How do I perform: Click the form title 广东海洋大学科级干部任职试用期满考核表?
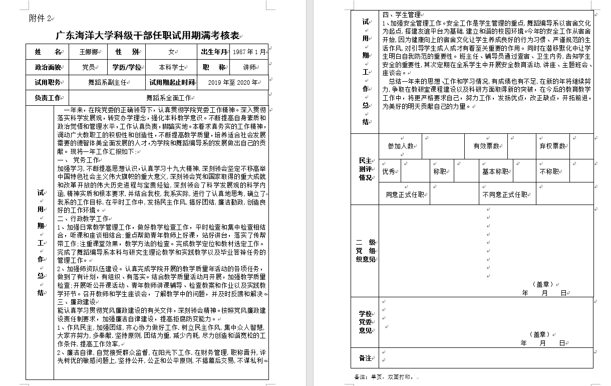148,36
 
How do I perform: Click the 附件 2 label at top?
40,19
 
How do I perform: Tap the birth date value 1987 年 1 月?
249,52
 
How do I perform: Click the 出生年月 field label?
214,52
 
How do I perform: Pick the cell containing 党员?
88,67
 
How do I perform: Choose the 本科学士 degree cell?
172,67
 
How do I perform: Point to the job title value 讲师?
249,67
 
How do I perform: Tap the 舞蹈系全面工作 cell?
168,98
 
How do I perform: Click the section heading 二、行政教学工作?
83,219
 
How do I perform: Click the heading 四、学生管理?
401,15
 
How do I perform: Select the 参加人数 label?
401,146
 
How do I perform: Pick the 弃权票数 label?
552,146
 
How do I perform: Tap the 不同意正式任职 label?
505,195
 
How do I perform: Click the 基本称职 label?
495,171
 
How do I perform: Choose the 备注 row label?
365,358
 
